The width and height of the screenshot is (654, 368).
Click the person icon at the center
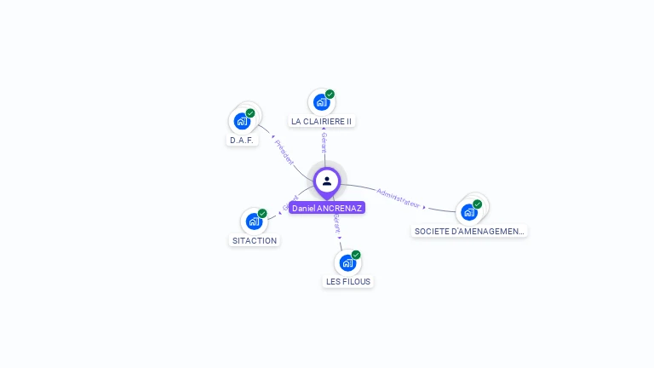(327, 181)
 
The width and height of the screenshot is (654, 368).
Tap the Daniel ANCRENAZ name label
(327, 208)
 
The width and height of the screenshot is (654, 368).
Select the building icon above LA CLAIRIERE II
(320, 102)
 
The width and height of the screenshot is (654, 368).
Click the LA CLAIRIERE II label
(321, 121)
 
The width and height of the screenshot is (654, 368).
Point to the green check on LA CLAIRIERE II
(330, 95)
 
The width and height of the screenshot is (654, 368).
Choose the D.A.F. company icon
(242, 121)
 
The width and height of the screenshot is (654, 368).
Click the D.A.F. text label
(242, 140)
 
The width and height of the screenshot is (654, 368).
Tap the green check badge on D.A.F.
(250, 113)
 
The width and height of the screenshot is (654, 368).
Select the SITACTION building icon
(254, 221)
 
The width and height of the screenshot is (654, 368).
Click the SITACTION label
(255, 240)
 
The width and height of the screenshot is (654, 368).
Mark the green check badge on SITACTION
(262, 214)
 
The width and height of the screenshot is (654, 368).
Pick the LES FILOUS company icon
(347, 262)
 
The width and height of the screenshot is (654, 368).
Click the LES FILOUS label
(348, 281)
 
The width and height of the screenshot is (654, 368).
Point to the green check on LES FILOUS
(356, 255)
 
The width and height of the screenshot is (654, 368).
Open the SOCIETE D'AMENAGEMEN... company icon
(468, 212)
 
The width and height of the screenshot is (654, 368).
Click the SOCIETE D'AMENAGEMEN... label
(469, 231)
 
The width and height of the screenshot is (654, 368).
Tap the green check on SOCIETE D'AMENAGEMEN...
(477, 204)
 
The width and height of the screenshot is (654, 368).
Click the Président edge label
(284, 152)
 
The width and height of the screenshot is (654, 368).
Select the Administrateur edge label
(398, 198)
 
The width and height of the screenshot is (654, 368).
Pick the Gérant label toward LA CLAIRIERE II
(324, 142)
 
